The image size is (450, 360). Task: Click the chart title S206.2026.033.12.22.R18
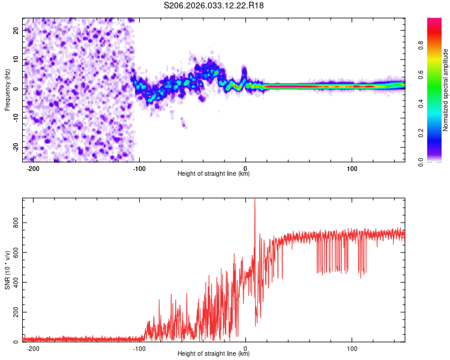[x=214, y=5]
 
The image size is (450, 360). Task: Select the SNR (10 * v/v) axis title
[x=7, y=270]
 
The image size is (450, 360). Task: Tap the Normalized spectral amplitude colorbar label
[x=445, y=90]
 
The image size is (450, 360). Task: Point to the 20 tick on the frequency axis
[x=16, y=30]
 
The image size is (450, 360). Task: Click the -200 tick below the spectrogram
[x=34, y=169]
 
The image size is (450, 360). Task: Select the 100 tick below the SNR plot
[x=352, y=349]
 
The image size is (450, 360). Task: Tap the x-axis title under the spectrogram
[x=214, y=175]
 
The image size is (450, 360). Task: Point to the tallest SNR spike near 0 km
[x=255, y=200]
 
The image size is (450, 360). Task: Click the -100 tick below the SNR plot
[x=139, y=349]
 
